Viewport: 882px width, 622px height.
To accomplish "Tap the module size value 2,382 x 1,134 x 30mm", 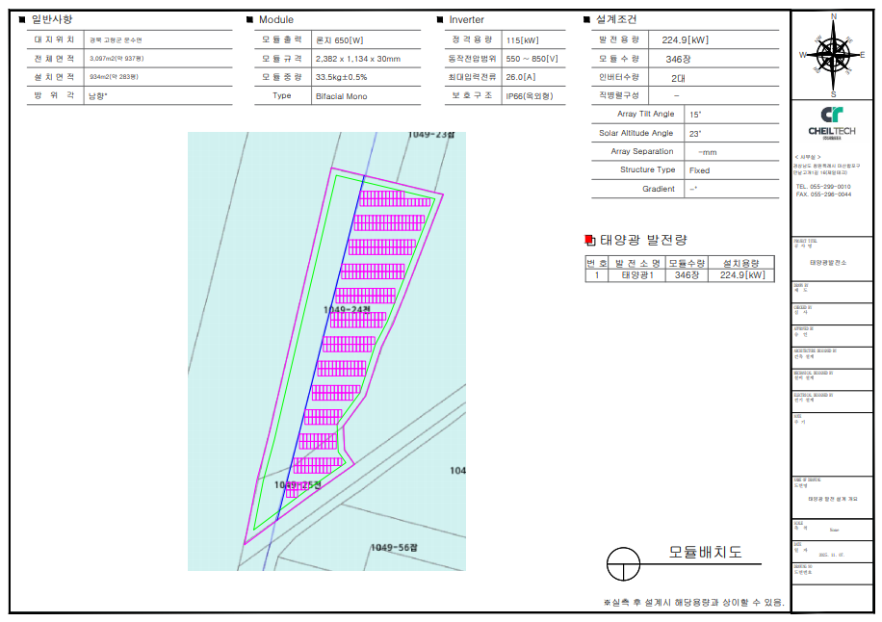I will [x=357, y=59].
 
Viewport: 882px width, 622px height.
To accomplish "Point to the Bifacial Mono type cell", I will [x=341, y=95].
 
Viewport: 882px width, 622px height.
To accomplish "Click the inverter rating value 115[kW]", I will [x=522, y=39].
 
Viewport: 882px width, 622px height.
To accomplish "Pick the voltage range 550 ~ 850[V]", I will [x=532, y=59].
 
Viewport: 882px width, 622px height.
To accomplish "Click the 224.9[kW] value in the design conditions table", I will [x=685, y=39].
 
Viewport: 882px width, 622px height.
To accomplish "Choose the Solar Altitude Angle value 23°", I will [x=695, y=133].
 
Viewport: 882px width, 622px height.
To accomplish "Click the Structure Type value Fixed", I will [x=700, y=170].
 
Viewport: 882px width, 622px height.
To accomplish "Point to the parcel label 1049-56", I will [x=395, y=547].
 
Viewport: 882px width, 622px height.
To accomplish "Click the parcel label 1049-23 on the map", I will [x=430, y=136].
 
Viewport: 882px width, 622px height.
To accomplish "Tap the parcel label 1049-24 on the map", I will [x=348, y=309].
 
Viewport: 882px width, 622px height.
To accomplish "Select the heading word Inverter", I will [x=467, y=19].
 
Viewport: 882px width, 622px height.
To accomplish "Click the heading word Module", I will [x=276, y=19].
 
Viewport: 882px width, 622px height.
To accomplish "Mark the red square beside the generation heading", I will [x=590, y=240].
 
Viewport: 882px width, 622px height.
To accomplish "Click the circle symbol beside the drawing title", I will [x=623, y=562].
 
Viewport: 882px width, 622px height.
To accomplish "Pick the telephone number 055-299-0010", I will [x=829, y=187].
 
